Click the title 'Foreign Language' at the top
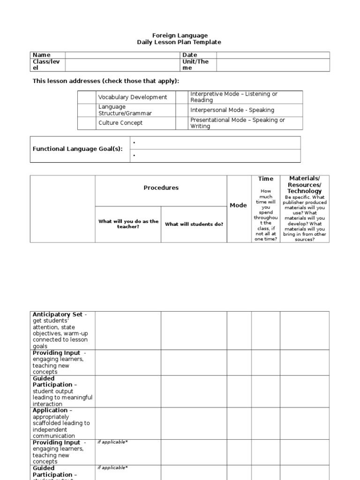180,36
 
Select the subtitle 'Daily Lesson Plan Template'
179,42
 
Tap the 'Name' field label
41,55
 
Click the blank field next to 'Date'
273,55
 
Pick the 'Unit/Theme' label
195,65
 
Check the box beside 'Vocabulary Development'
87,97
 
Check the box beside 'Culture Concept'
87,123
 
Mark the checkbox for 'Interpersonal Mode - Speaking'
181,110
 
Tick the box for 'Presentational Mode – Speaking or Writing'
181,123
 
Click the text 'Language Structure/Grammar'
125,110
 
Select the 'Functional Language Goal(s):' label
77,149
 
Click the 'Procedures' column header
161,188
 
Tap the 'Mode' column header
238,205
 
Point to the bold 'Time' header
265,179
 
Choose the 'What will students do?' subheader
194,224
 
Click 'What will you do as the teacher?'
128,224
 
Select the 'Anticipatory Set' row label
57,315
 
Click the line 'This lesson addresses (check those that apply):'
105,81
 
